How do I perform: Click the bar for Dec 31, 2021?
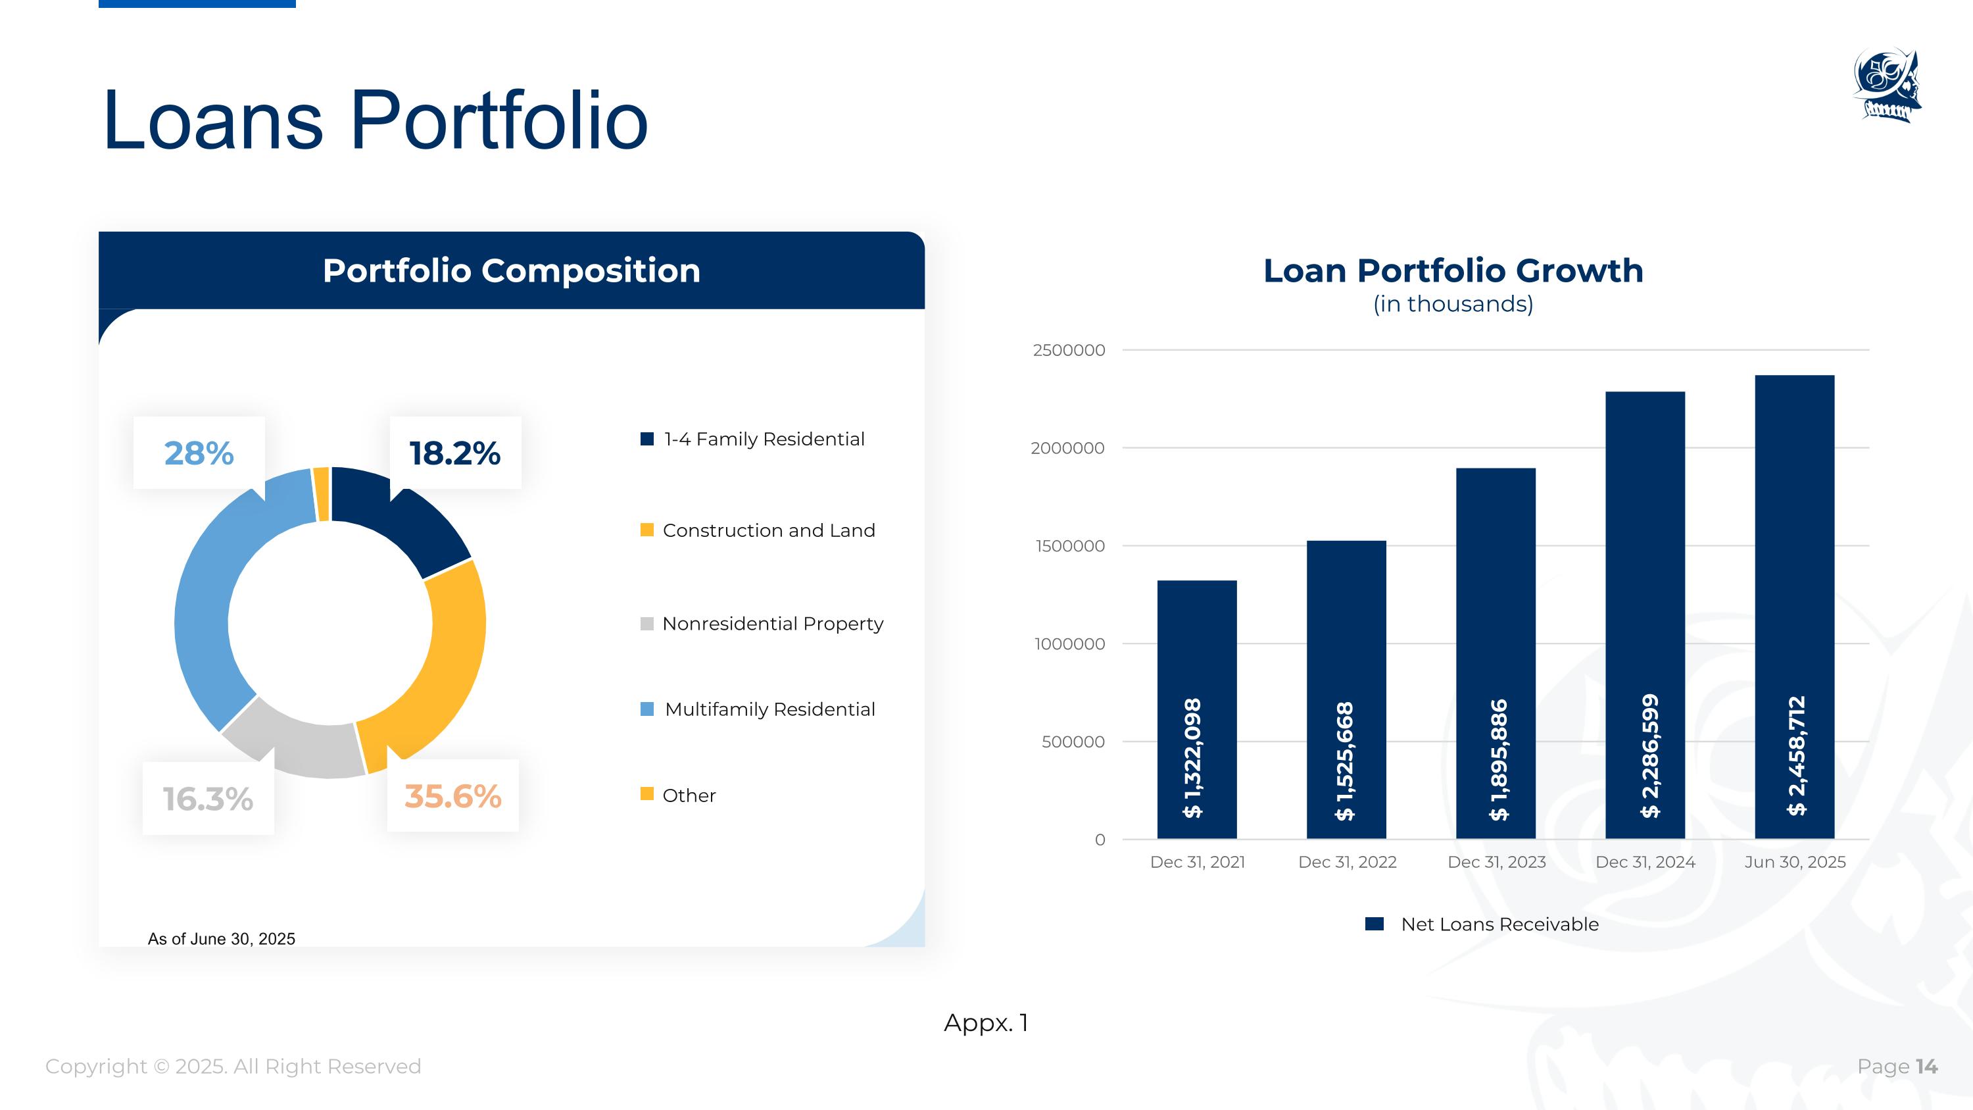(1196, 709)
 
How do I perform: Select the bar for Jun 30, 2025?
(1795, 607)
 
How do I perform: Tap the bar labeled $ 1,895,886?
(1496, 653)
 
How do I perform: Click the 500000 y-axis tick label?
(1073, 742)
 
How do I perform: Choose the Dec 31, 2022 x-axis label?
(1348, 862)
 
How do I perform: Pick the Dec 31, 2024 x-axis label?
(1645, 862)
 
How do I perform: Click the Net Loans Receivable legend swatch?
(1374, 924)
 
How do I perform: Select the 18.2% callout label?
(455, 453)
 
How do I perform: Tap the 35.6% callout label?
(452, 796)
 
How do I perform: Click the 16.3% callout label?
(208, 799)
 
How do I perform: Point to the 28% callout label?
(199, 453)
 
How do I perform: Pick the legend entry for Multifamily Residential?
(758, 709)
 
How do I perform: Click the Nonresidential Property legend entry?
(762, 624)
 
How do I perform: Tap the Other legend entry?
(678, 795)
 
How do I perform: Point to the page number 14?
(1926, 1067)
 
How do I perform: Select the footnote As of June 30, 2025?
(222, 938)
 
